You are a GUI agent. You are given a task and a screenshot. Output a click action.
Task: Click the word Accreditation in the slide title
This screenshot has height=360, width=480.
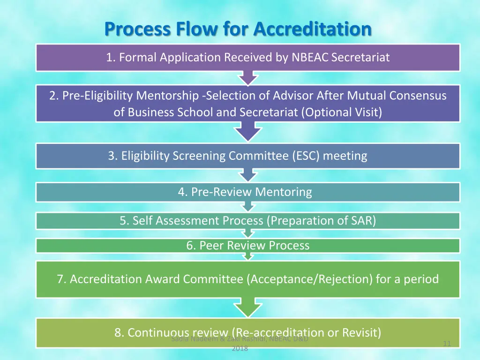coord(312,29)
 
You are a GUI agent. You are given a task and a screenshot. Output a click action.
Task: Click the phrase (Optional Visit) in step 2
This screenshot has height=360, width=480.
coord(342,112)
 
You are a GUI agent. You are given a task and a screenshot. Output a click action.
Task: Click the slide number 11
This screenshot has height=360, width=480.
coord(447,344)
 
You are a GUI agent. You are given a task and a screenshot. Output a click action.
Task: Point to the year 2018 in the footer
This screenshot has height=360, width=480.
coord(240,348)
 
